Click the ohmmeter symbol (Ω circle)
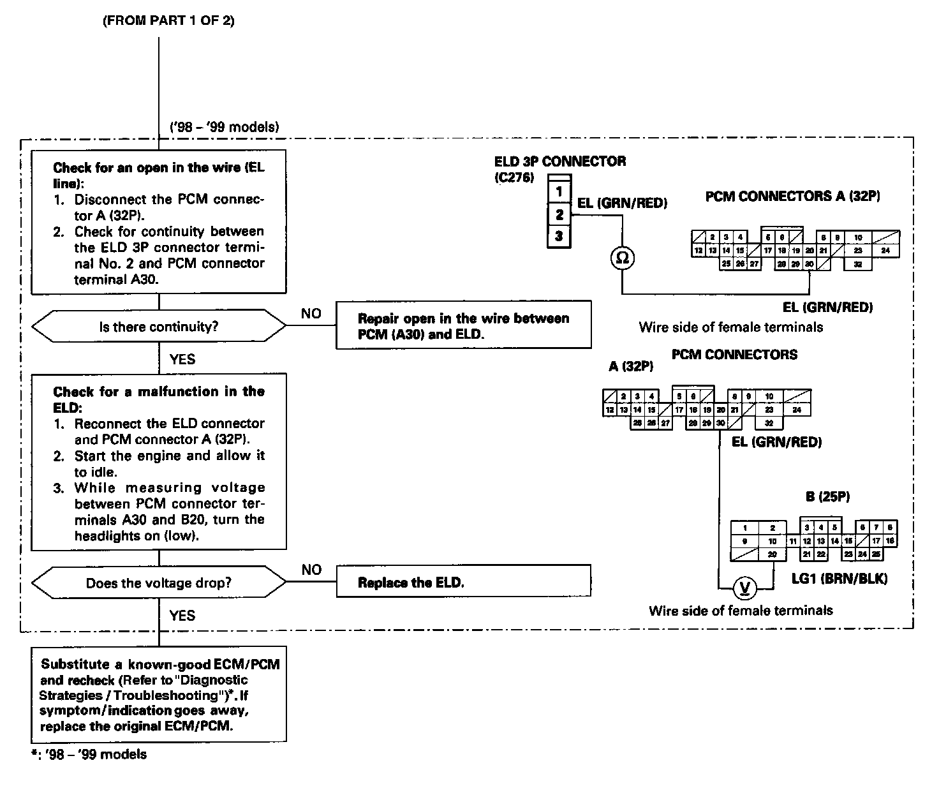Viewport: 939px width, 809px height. click(x=623, y=258)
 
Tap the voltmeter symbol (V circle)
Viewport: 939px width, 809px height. click(x=743, y=588)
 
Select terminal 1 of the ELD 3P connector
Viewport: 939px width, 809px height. click(x=559, y=191)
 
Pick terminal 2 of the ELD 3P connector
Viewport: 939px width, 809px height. click(x=559, y=214)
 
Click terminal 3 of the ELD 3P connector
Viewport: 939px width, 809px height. click(x=559, y=236)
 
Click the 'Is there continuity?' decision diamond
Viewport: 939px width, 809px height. click(x=159, y=327)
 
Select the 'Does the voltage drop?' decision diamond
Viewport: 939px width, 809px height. click(x=159, y=583)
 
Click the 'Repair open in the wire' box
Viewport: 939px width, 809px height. click(x=463, y=325)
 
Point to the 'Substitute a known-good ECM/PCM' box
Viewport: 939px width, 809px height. click(x=159, y=695)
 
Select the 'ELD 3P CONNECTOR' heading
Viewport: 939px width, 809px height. click(x=560, y=161)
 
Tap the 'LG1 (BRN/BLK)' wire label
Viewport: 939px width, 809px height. click(x=839, y=579)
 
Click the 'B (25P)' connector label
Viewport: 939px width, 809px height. click(x=827, y=496)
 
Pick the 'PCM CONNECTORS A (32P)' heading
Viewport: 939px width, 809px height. click(x=792, y=197)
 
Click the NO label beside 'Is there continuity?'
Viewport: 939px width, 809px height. click(x=311, y=314)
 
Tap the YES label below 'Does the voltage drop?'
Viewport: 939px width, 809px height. click(x=182, y=616)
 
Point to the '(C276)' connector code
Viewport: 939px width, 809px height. click(x=514, y=178)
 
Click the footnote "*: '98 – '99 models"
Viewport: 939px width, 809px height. click(x=89, y=755)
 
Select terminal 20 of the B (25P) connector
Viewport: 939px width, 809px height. click(x=773, y=554)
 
